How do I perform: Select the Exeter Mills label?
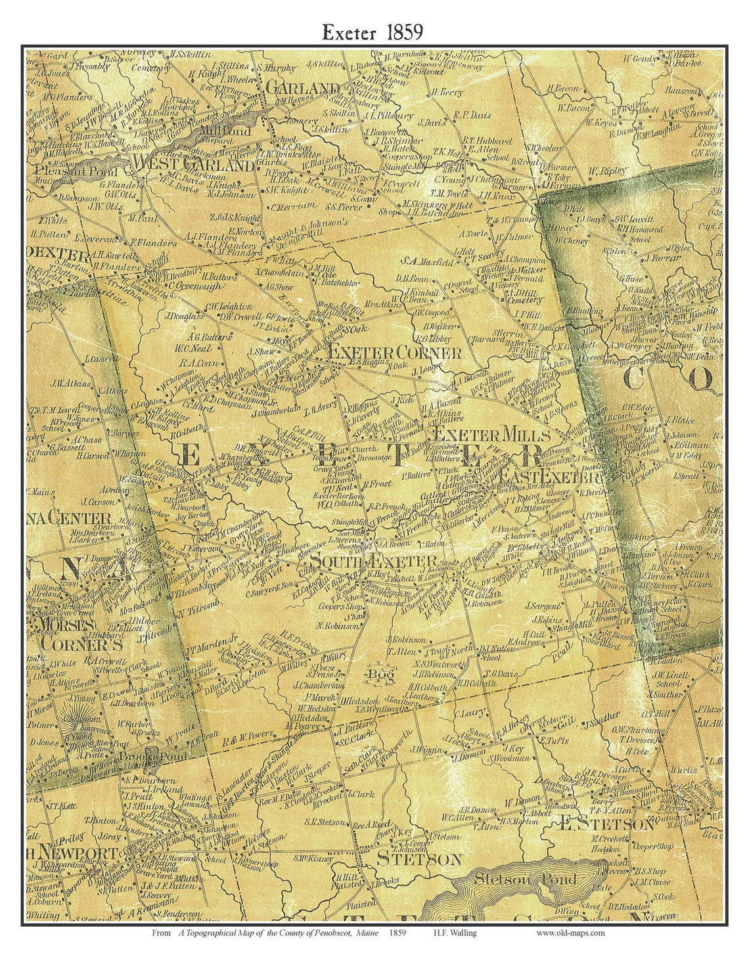click(491, 434)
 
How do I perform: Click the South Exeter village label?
click(373, 561)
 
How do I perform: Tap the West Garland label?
click(193, 164)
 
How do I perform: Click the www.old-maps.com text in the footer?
click(570, 932)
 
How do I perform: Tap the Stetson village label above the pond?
click(418, 858)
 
